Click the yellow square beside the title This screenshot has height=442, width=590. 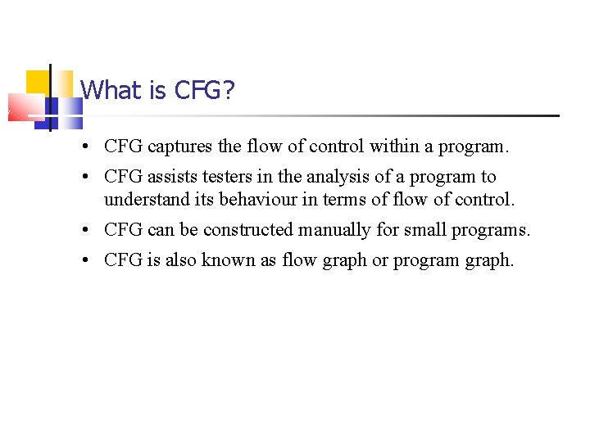(x=38, y=82)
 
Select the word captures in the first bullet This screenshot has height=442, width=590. (x=180, y=147)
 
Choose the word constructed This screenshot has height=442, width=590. (x=248, y=230)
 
